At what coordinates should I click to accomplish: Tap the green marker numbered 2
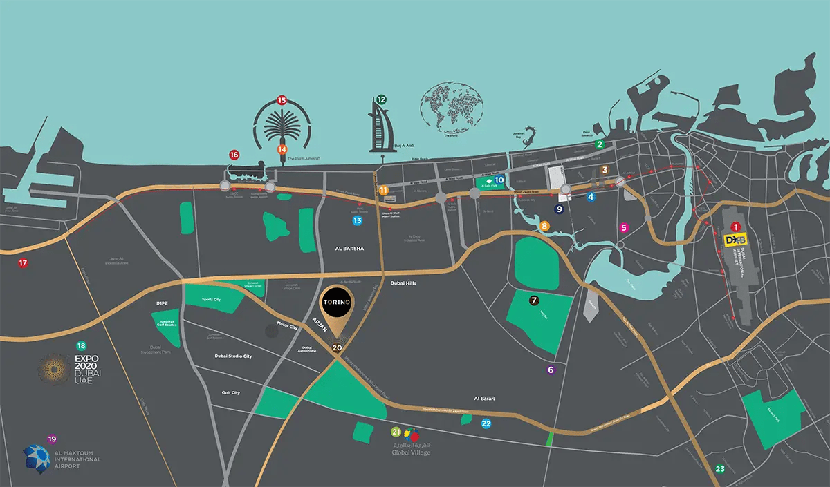pyautogui.click(x=600, y=144)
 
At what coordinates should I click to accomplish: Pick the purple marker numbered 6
pyautogui.click(x=551, y=370)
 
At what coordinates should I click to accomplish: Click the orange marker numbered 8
pyautogui.click(x=545, y=226)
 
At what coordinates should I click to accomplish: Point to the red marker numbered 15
pyautogui.click(x=282, y=100)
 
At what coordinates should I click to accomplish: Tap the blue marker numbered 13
pyautogui.click(x=357, y=220)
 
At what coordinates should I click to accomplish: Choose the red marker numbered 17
pyautogui.click(x=24, y=263)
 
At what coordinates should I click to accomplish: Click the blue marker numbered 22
pyautogui.click(x=486, y=423)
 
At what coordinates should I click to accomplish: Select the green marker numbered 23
pyautogui.click(x=720, y=470)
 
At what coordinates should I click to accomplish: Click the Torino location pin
pyautogui.click(x=337, y=308)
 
